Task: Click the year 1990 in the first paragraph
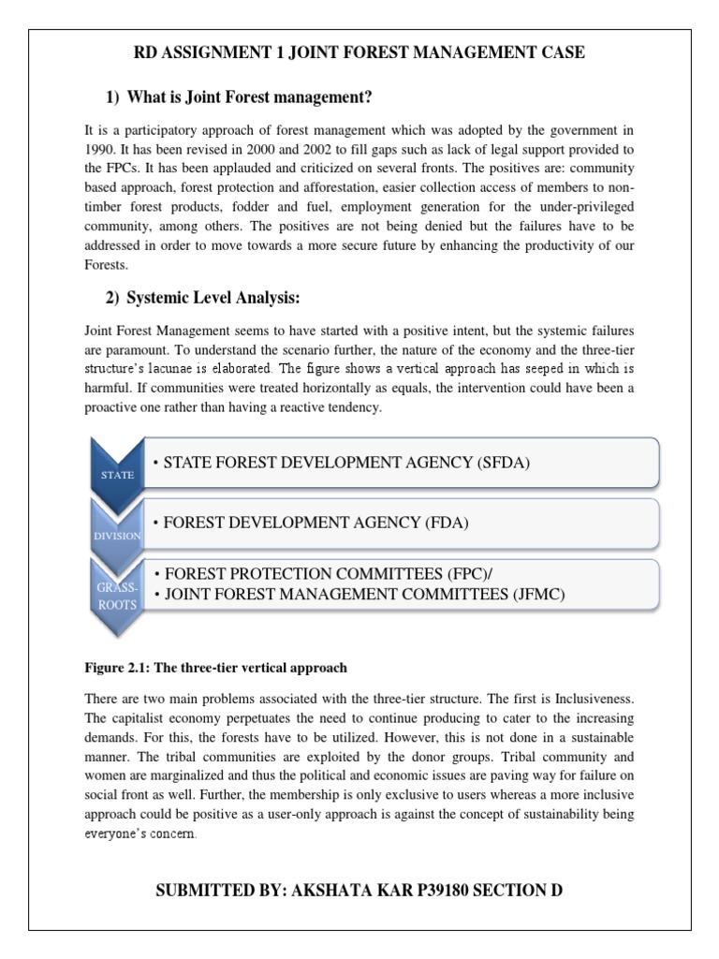click(101, 150)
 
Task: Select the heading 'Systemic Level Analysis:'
click(212, 298)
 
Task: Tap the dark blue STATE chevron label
click(117, 474)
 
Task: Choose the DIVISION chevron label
click(117, 535)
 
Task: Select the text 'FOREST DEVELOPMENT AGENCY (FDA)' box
click(315, 524)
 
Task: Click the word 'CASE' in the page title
click(563, 52)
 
